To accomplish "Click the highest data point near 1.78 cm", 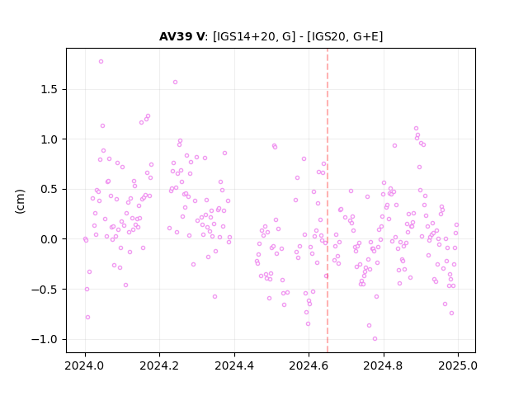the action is (101, 62).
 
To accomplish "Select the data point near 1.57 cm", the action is (175, 82).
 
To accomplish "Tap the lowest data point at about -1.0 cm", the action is (375, 339).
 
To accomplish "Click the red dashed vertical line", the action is (328, 200).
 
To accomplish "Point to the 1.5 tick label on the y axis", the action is (49, 90).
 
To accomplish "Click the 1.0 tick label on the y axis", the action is (49, 139).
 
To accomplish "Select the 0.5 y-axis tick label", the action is (49, 189).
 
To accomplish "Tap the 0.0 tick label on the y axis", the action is (49, 239).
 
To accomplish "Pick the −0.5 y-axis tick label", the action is (45, 290).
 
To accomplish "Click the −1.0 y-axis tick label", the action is (45, 339).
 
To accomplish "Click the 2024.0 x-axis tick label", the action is (84, 365).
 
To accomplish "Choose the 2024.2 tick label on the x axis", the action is (159, 365).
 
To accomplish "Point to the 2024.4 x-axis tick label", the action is (234, 365).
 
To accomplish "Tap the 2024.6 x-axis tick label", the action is (309, 365).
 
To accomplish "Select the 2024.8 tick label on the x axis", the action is (383, 365).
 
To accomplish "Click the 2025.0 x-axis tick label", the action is (458, 365).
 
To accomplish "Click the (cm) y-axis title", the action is (20, 201).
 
